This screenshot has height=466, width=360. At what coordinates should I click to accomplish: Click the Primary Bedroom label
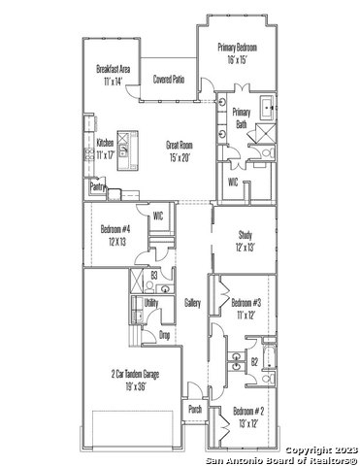(238, 48)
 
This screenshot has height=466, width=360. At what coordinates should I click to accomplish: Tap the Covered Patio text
(169, 79)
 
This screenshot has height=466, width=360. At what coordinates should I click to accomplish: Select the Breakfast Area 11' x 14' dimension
(114, 82)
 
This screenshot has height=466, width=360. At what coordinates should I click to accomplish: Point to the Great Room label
(180, 145)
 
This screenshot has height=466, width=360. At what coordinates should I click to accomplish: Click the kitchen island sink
(123, 150)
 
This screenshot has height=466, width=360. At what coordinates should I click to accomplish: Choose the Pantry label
(97, 186)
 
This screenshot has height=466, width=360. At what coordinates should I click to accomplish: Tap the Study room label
(245, 234)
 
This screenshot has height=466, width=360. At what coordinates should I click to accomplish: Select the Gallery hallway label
(192, 303)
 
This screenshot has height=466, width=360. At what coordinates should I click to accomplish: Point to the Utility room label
(151, 303)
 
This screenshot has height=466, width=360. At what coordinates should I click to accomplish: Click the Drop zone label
(165, 335)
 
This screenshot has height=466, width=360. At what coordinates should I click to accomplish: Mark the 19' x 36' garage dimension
(135, 386)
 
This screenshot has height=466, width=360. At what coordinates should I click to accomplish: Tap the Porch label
(195, 409)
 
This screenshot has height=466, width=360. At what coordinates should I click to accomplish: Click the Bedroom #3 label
(246, 303)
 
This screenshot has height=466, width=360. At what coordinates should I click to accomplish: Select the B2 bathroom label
(255, 362)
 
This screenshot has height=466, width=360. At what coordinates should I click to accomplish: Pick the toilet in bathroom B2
(268, 378)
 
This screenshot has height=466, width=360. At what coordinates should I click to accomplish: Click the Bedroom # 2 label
(248, 412)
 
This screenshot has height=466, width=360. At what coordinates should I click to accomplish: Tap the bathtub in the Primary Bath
(268, 108)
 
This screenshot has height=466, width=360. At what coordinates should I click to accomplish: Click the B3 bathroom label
(154, 276)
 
